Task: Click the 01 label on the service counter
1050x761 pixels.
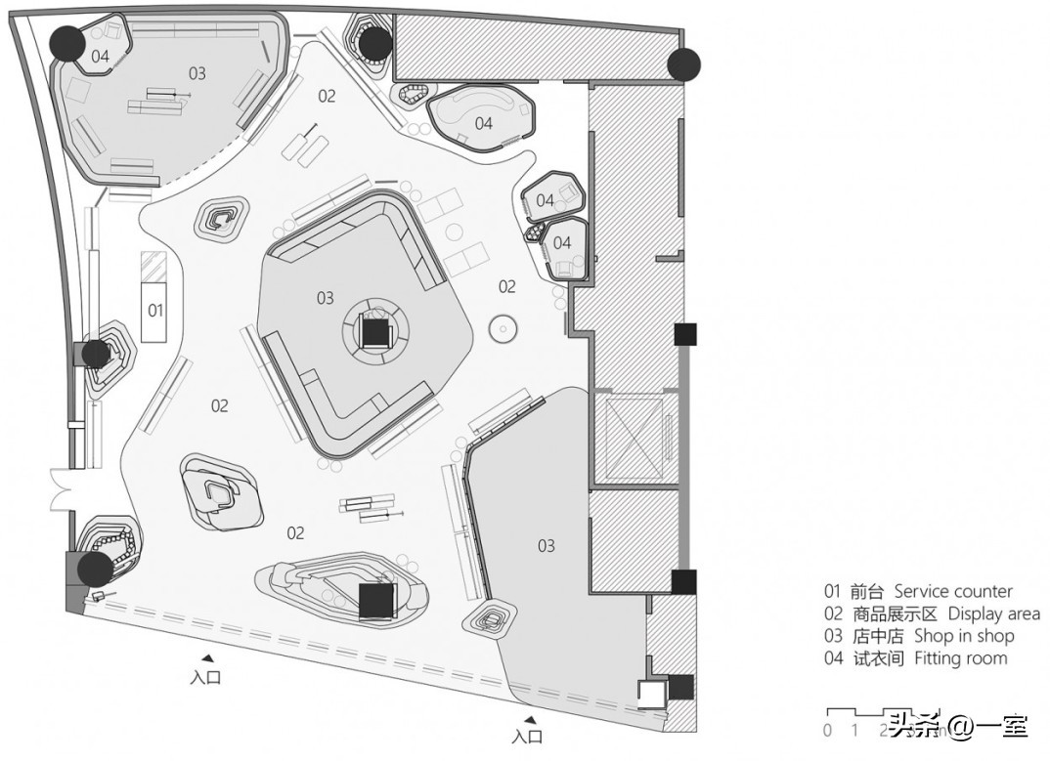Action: [155, 311]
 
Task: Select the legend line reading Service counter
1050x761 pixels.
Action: [918, 591]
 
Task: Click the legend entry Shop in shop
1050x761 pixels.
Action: [919, 636]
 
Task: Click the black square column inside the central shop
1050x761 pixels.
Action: [375, 332]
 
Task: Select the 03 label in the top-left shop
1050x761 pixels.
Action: [197, 73]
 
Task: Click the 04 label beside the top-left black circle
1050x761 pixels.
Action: [101, 57]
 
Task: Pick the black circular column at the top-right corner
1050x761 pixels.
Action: [684, 64]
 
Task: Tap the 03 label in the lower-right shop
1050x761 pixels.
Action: [546, 545]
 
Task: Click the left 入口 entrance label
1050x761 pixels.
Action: [205, 677]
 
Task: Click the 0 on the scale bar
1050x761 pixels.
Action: [827, 730]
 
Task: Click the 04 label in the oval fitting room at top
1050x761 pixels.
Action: [483, 123]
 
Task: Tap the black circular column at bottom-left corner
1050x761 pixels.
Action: [95, 570]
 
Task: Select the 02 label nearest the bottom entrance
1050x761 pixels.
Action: [295, 532]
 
